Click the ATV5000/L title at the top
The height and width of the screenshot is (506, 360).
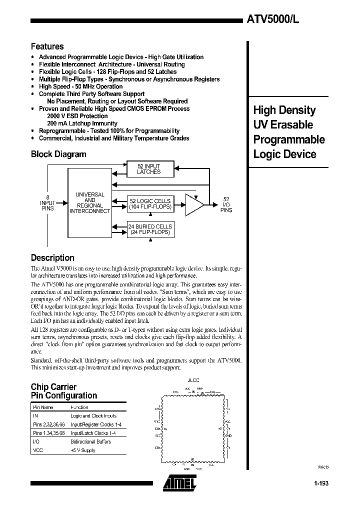[x=273, y=20]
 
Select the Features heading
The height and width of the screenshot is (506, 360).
[x=47, y=46]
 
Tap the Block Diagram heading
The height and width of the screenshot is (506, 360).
[x=58, y=154]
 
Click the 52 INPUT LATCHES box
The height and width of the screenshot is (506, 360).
[x=148, y=169]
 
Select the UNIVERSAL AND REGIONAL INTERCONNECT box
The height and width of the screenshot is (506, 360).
[x=89, y=202]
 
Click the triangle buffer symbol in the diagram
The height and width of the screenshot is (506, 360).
[x=194, y=204]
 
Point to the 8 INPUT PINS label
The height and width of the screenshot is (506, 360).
[x=47, y=202]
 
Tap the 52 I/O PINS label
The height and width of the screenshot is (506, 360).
[x=226, y=204]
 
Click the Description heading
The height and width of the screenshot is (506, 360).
[x=52, y=258]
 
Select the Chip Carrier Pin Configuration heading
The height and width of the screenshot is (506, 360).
[x=64, y=391]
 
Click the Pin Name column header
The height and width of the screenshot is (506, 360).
[x=42, y=407]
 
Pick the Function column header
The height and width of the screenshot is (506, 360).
[x=79, y=407]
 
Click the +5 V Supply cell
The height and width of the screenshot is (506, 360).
[x=82, y=450]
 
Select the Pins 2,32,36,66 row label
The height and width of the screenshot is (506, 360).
[x=47, y=424]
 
